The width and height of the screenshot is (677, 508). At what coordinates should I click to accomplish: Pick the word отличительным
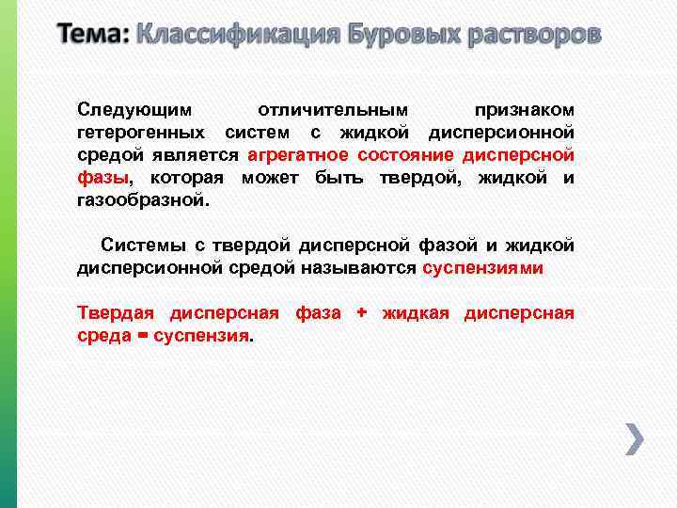pos(333,111)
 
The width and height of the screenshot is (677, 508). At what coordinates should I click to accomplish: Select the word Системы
pos(143,246)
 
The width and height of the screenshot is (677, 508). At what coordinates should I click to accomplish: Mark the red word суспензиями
pos(482,268)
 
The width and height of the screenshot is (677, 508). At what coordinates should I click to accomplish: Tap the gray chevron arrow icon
pos(635,438)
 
